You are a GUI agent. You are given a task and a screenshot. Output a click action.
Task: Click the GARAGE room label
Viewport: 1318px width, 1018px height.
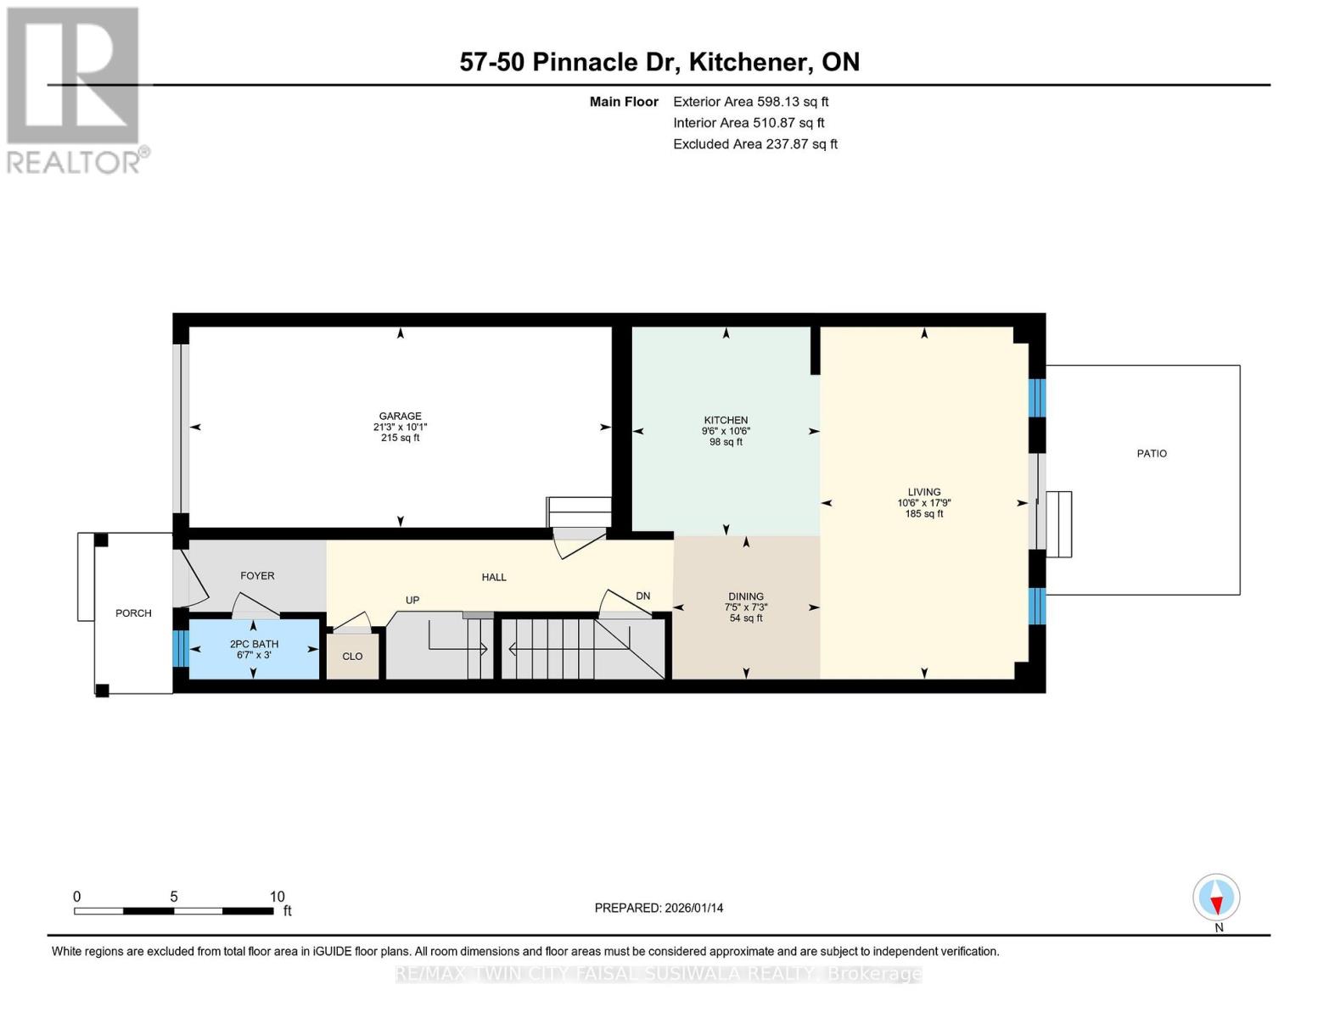click(x=400, y=416)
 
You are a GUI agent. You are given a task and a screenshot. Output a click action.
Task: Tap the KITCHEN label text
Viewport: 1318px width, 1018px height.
click(x=726, y=420)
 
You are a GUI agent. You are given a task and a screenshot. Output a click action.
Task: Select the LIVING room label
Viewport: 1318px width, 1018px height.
click(x=923, y=492)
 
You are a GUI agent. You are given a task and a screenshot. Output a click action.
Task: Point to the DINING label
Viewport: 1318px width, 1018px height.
click(x=746, y=596)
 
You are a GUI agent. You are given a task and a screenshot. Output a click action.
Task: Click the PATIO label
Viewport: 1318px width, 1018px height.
click(x=1151, y=453)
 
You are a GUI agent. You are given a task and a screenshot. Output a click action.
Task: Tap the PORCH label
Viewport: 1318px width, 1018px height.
click(x=133, y=613)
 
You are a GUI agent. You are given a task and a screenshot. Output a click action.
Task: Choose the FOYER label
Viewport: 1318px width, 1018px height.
click(x=257, y=575)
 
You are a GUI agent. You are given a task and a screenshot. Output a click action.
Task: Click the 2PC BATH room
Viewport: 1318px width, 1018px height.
click(x=254, y=649)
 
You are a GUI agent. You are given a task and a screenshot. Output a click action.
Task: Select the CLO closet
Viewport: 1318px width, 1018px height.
click(x=352, y=656)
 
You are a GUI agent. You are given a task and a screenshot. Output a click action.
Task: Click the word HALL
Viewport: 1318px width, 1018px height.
click(x=494, y=577)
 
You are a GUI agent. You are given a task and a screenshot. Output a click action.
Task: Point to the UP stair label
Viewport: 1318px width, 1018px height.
click(x=412, y=601)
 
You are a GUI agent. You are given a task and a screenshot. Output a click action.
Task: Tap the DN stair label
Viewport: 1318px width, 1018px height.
click(x=643, y=596)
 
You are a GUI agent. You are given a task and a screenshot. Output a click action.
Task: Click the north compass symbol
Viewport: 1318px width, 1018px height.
click(x=1216, y=898)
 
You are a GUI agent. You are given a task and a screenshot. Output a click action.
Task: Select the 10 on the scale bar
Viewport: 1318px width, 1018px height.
click(x=277, y=896)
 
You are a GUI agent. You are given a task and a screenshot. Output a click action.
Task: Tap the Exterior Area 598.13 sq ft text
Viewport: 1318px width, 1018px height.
click(x=750, y=102)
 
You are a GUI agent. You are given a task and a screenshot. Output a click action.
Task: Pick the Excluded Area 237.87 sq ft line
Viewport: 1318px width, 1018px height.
click(x=755, y=144)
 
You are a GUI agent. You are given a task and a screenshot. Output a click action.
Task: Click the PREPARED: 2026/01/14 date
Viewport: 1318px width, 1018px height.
click(x=659, y=908)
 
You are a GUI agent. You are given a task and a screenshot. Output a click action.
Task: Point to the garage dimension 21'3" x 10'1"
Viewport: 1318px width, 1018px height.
click(x=400, y=427)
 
